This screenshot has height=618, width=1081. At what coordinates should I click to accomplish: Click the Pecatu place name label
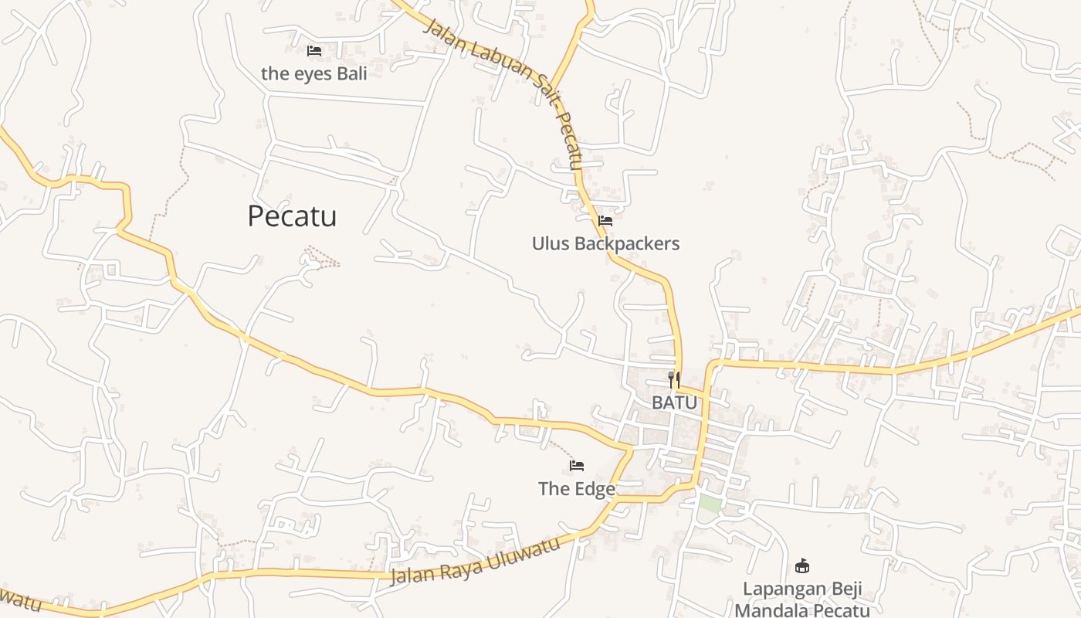pyautogui.click(x=292, y=216)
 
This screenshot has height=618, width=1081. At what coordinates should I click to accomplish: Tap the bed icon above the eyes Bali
pyautogui.click(x=314, y=51)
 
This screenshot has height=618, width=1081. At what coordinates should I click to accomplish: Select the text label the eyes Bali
pyautogui.click(x=314, y=74)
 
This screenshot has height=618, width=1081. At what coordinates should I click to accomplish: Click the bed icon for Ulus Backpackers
pyautogui.click(x=605, y=221)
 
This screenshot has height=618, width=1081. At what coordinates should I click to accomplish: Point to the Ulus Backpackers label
pyautogui.click(x=605, y=244)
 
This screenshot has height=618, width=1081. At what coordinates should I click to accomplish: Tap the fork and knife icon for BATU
pyautogui.click(x=674, y=379)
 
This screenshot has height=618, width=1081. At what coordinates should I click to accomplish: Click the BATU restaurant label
pyautogui.click(x=674, y=402)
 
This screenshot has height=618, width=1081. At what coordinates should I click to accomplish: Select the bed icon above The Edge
pyautogui.click(x=577, y=465)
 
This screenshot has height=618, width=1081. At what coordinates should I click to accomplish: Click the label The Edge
pyautogui.click(x=577, y=489)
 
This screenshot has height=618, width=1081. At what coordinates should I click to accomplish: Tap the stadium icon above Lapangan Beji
pyautogui.click(x=802, y=565)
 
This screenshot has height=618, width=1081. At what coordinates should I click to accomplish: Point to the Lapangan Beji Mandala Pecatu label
pyautogui.click(x=802, y=599)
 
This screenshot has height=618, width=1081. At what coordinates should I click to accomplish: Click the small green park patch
pyautogui.click(x=710, y=504)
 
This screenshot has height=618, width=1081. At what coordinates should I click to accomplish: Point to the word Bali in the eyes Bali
pyautogui.click(x=350, y=74)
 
